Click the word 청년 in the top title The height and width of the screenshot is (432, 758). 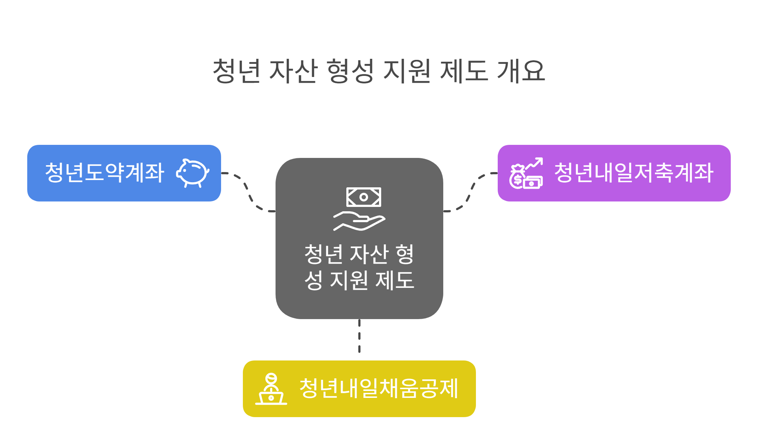tap(236, 71)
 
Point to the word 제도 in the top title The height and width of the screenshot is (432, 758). tap(464, 71)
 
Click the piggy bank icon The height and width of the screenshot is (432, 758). tap(192, 173)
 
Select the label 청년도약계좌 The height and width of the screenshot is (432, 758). tap(105, 173)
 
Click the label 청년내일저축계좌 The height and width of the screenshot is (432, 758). tap(633, 173)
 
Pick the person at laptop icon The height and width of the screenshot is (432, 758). tap(271, 389)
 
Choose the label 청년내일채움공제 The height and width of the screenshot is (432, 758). tap(379, 388)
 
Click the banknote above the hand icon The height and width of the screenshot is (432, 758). tap(363, 197)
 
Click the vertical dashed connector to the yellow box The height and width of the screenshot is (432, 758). tap(359, 336)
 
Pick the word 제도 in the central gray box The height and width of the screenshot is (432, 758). tap(395, 280)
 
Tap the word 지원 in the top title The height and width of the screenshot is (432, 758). tap(407, 71)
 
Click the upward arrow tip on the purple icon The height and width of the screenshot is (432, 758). tap(541, 159)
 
